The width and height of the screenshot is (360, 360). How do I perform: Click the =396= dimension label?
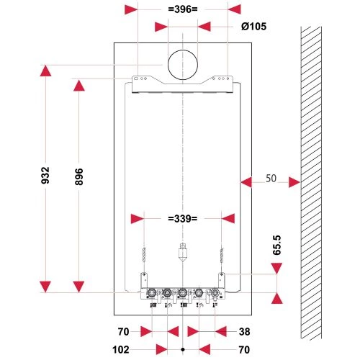[x=183, y=9]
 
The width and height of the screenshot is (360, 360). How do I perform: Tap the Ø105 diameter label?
[x=253, y=27]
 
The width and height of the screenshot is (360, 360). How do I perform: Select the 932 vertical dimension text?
[x=45, y=176]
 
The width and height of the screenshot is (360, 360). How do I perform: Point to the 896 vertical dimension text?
[x=79, y=176]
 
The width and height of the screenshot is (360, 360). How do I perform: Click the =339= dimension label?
[x=183, y=219]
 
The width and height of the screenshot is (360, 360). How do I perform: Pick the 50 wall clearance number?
[x=271, y=179]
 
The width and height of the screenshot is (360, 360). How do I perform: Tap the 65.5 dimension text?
[x=276, y=245]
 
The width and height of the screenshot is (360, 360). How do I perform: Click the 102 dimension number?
[x=121, y=350]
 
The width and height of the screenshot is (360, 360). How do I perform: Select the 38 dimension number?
[x=244, y=332]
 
